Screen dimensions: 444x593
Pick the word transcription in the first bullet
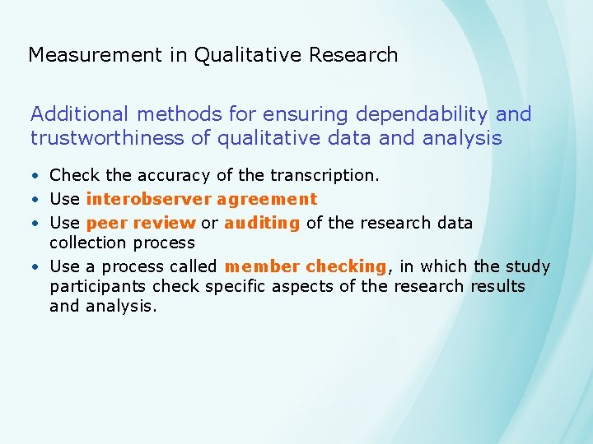pos(327,175)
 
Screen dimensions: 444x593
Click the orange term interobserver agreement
pos(202,199)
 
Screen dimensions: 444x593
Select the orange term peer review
pos(141,223)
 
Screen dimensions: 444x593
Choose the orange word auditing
pos(262,223)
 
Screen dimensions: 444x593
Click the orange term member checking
pos(305,266)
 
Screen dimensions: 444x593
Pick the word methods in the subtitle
pos(168,114)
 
